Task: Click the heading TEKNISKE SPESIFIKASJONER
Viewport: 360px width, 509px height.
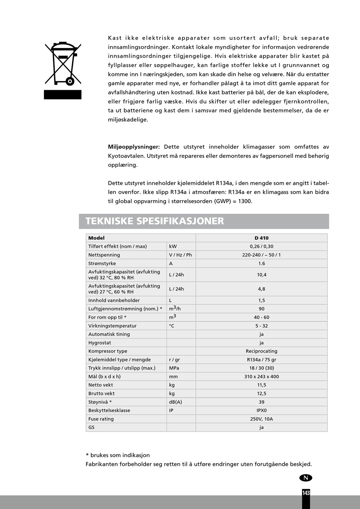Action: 155,221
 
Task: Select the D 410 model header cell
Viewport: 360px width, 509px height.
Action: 261,238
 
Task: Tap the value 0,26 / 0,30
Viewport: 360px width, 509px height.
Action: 261,246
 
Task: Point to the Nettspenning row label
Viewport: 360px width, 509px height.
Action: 104,255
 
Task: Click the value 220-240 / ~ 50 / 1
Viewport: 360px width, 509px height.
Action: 261,255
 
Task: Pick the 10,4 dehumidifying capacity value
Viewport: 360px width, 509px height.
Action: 261,275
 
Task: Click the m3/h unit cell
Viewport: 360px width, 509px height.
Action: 175,309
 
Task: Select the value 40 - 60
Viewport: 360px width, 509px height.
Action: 261,317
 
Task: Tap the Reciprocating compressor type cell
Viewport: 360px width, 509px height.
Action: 261,351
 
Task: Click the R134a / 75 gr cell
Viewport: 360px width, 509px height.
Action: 261,360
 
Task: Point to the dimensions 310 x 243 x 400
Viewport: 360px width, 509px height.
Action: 261,377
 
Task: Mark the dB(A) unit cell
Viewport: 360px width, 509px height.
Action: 175,402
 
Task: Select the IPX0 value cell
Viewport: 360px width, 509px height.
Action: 261,410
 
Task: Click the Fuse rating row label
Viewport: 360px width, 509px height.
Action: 101,419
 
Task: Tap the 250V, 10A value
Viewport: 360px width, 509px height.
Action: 261,419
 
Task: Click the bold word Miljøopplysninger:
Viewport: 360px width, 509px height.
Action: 134,147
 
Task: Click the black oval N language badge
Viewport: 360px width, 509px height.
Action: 306,478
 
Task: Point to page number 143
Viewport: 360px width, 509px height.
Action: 306,493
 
